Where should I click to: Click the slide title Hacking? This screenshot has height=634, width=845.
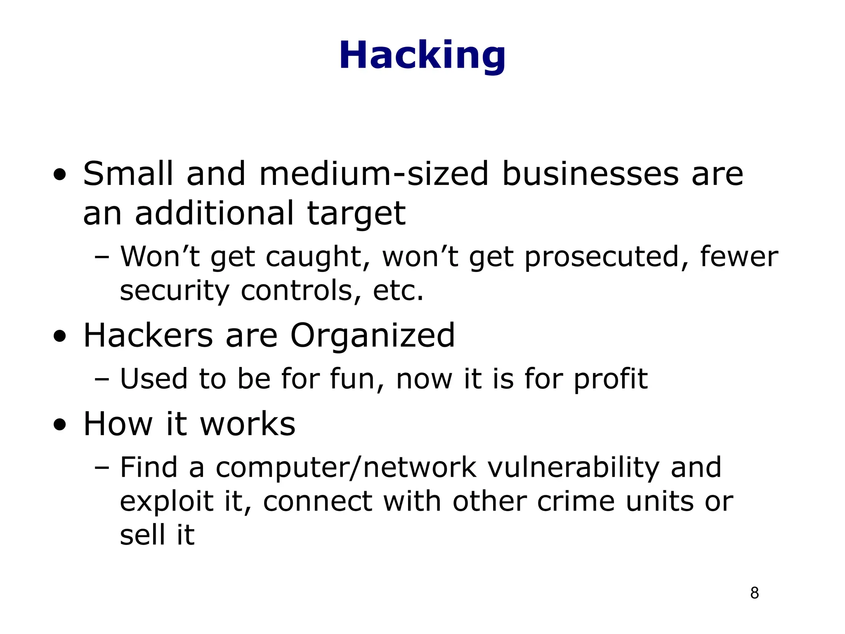(x=422, y=56)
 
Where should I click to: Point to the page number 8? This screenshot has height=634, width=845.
(x=754, y=593)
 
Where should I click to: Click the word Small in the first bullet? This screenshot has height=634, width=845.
(x=128, y=174)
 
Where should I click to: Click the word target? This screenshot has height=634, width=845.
(x=356, y=214)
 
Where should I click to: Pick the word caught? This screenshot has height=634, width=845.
(x=314, y=257)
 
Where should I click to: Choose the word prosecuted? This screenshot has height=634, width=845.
(x=602, y=257)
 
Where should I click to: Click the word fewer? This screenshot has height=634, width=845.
(x=739, y=256)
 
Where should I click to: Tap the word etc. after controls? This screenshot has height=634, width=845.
(x=398, y=291)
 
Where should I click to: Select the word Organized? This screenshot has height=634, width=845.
(x=372, y=336)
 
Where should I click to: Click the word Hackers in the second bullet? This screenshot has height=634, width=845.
(x=148, y=335)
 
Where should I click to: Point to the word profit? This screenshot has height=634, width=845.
(x=611, y=379)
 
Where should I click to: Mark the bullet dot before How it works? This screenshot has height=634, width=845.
(x=60, y=425)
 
